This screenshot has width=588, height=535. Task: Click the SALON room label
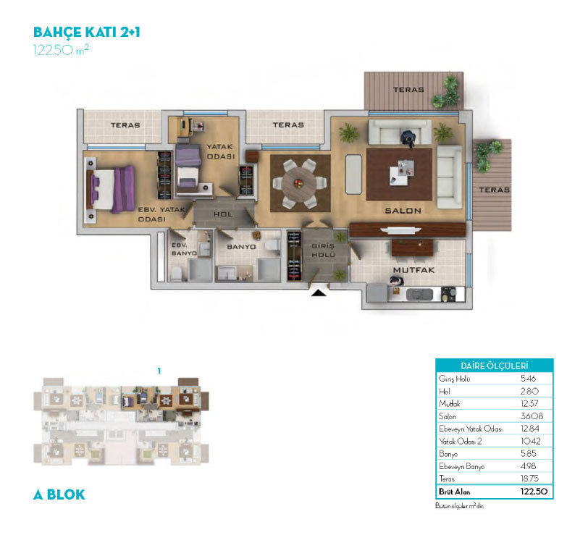[x=403, y=211]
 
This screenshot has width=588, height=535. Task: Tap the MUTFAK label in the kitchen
[x=414, y=270]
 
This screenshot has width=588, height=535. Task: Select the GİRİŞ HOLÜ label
[x=323, y=250]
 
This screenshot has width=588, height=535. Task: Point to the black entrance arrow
[x=319, y=292]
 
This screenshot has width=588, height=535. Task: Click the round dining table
[x=299, y=184]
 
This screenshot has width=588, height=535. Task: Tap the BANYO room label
[x=242, y=247]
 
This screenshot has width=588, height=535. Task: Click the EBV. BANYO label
[x=184, y=249]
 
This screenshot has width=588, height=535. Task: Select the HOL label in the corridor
[x=223, y=214]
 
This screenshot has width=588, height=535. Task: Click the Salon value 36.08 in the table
[x=532, y=416]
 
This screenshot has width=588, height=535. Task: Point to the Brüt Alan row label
[x=455, y=492]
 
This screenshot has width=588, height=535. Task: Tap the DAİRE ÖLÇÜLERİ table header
[x=495, y=366]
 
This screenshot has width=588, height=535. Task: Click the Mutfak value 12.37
[x=529, y=404]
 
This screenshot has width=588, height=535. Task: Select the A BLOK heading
[x=59, y=495]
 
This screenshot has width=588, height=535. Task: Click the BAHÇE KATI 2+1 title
[x=87, y=33]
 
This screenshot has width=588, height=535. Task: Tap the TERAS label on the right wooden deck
[x=495, y=190]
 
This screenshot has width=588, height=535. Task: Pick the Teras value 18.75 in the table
[x=529, y=479]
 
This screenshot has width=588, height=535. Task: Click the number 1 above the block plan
[x=159, y=371]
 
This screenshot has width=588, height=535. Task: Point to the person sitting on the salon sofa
[x=407, y=138]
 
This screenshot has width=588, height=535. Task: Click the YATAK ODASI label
[x=220, y=151]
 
